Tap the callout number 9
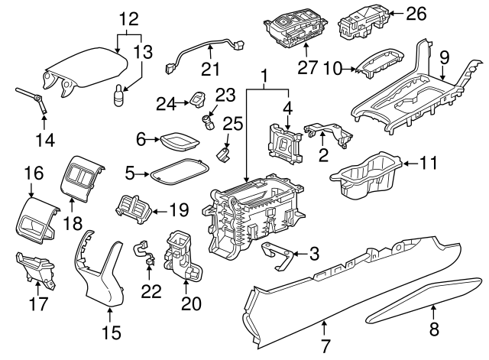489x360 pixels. click(445, 56)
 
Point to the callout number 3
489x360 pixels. click(312, 253)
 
